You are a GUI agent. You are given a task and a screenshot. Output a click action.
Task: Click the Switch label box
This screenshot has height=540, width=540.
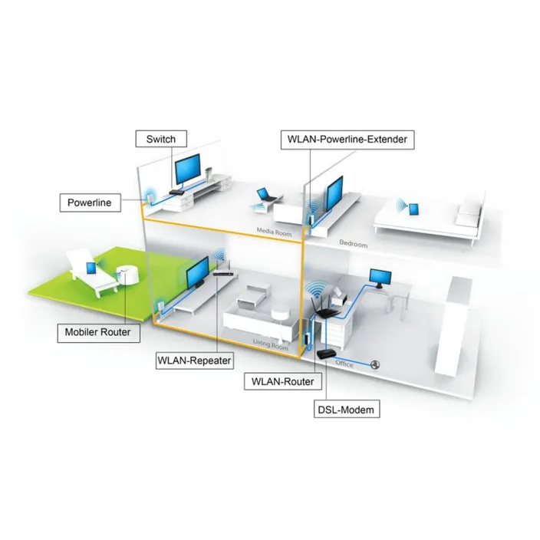tap(160, 139)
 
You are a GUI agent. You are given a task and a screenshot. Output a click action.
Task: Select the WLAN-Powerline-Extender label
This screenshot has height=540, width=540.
tap(348, 139)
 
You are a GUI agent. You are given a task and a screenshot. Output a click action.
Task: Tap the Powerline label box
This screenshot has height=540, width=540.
tap(89, 202)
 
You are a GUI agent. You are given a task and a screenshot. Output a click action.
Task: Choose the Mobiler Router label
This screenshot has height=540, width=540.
tap(97, 332)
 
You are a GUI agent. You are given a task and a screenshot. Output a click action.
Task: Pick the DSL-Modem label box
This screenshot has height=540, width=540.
tap(347, 410)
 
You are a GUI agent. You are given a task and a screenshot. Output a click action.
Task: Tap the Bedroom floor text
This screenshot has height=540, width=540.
tap(354, 244)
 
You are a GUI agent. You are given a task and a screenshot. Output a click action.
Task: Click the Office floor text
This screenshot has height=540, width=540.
tap(344, 364)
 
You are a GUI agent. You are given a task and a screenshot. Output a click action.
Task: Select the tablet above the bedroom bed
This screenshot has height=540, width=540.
tap(416, 208)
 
